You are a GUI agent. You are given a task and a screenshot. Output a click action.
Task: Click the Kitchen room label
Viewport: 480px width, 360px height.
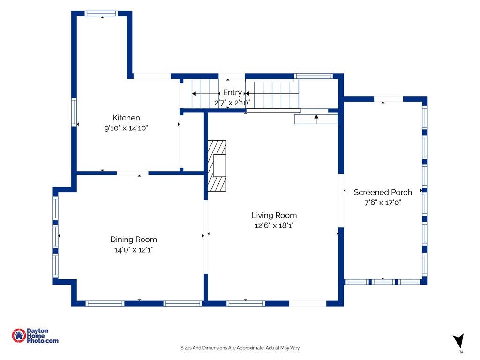click(126, 118)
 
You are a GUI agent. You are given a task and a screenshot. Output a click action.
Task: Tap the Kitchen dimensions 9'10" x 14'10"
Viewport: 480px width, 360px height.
click(126, 128)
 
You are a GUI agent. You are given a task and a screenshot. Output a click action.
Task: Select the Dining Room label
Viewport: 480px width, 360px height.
click(134, 240)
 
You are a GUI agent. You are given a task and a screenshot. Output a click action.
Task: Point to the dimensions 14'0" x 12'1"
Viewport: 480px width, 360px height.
click(134, 250)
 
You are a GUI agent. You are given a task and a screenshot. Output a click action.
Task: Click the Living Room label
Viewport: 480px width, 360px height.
click(274, 215)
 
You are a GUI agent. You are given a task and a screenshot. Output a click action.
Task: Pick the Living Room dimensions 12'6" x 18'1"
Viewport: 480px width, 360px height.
click(274, 225)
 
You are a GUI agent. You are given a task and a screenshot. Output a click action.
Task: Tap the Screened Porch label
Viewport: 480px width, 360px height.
click(382, 192)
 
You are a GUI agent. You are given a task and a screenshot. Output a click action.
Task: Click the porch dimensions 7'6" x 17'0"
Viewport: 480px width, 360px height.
click(382, 202)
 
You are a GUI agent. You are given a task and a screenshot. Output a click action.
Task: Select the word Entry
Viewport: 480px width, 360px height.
click(232, 92)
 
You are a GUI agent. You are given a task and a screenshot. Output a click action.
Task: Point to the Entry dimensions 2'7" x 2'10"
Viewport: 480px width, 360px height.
click(232, 103)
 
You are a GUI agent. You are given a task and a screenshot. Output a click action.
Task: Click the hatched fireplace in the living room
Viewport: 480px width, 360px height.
click(217, 165)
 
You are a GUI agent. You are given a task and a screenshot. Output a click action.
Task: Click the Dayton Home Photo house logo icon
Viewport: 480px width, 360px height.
click(19, 336)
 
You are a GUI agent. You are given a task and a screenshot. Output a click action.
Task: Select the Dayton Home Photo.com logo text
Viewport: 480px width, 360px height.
click(42, 336)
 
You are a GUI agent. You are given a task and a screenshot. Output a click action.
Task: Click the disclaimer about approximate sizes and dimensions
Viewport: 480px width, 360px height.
click(240, 348)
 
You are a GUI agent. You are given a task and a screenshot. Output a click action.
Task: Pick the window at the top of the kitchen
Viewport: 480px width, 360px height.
click(101, 14)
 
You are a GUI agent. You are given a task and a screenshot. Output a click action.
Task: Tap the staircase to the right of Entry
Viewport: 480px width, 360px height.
click(272, 94)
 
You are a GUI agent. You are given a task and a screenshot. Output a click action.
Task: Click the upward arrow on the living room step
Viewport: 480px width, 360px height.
click(316, 119)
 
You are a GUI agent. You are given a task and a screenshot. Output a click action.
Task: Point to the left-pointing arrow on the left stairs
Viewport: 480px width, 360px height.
click(206, 94)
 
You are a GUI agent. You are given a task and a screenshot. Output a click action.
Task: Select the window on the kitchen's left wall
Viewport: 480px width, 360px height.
click(74, 112)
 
